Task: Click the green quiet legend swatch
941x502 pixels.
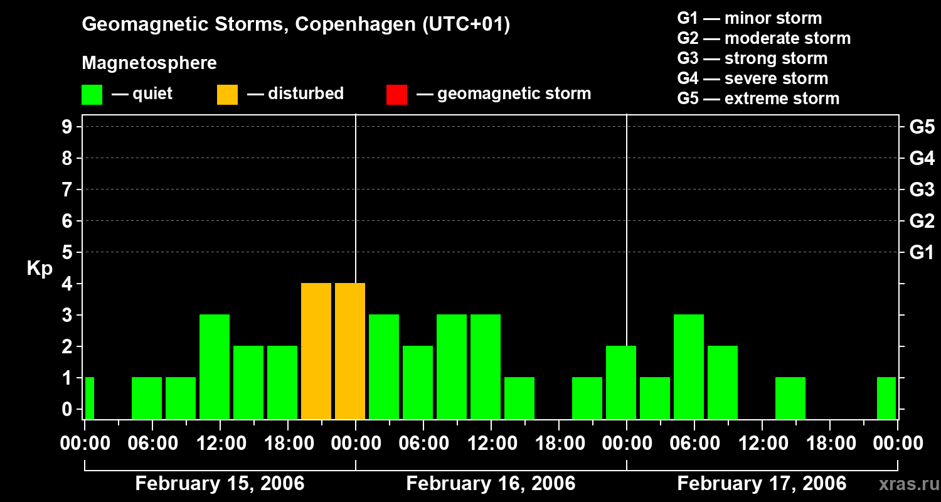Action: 92,95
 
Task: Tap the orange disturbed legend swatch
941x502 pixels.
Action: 227,95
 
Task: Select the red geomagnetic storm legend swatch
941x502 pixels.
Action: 396,95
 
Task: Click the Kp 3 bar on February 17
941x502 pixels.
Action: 689,366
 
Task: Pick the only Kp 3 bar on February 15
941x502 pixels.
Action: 215,366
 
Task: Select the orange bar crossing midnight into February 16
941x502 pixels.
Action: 350,351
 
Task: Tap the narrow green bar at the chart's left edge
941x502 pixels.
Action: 90,398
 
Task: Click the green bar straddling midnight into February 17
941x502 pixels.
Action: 621,382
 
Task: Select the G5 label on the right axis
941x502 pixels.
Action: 922,127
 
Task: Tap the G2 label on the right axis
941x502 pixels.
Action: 922,222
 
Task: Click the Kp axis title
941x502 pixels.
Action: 40,269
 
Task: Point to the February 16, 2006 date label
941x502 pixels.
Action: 491,484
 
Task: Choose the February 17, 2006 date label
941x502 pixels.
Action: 762,484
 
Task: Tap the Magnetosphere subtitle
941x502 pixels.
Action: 149,63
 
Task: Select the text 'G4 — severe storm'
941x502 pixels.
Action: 753,78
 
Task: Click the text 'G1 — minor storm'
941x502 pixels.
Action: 750,18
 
